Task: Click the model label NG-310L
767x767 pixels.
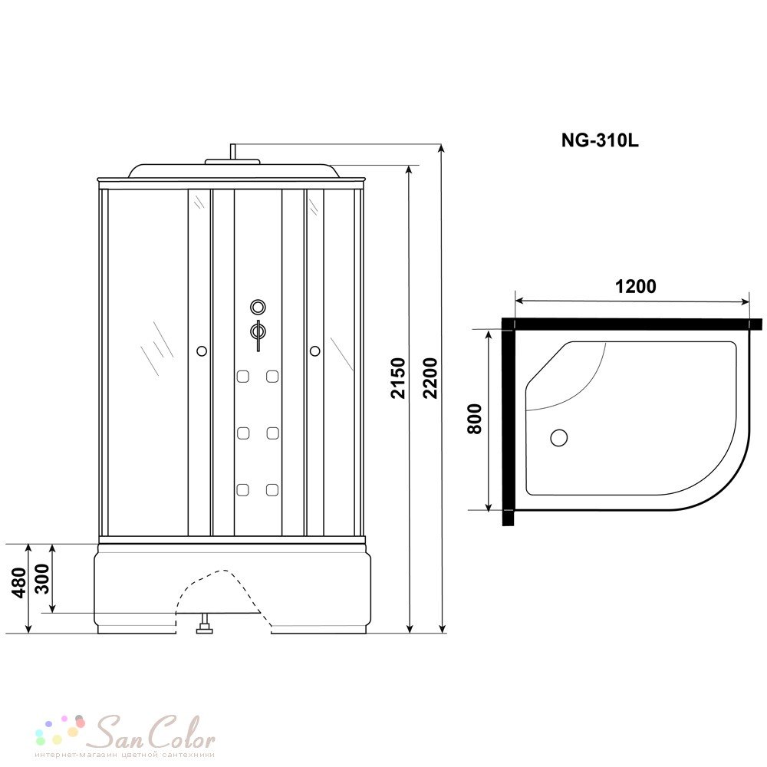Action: pyautogui.click(x=600, y=141)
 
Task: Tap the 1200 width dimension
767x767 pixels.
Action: pyautogui.click(x=635, y=286)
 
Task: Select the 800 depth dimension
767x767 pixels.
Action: pyautogui.click(x=475, y=420)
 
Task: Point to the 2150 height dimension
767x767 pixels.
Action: pyautogui.click(x=398, y=378)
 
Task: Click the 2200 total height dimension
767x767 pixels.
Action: pyautogui.click(x=430, y=378)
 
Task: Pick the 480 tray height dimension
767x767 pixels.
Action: pyautogui.click(x=19, y=583)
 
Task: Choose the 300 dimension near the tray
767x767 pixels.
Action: pyautogui.click(x=43, y=579)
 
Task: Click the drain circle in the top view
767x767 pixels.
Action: pyautogui.click(x=558, y=437)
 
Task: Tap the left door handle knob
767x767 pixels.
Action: pyautogui.click(x=201, y=351)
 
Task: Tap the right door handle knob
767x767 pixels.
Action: pyautogui.click(x=315, y=351)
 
